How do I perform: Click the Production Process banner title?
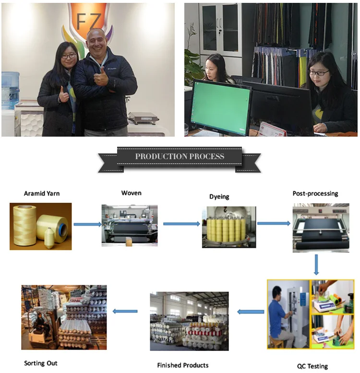coord(179,157)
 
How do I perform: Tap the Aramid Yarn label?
coord(42,194)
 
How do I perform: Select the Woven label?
coord(131,193)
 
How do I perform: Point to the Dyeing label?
coord(219,197)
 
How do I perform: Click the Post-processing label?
coord(315,194)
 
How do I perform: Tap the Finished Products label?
coord(183,365)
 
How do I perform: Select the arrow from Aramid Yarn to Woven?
coord(87,224)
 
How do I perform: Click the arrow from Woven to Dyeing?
coord(181,224)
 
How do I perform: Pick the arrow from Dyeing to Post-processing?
coord(274,223)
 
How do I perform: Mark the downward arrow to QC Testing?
coord(316,265)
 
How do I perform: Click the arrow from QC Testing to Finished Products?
coord(251,312)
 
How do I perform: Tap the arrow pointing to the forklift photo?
coord(125,311)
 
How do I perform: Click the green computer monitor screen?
coord(221,106)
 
